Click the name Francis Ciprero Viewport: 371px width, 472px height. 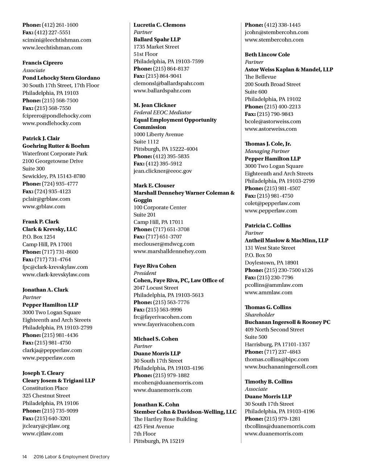(x=42, y=63)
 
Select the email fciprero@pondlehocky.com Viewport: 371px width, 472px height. (x=57, y=116)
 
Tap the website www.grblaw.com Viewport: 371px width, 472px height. (x=44, y=206)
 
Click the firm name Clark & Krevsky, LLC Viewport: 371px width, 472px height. (x=50, y=229)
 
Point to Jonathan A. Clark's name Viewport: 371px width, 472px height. (x=45, y=289)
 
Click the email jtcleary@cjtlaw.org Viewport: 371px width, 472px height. (x=46, y=426)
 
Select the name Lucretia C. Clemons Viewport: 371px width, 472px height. (x=159, y=25)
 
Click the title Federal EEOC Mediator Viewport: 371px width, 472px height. (x=162, y=112)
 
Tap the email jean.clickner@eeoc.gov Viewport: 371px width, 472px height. (x=163, y=171)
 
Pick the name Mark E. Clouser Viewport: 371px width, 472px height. (x=154, y=185)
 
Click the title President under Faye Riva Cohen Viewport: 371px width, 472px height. (x=145, y=273)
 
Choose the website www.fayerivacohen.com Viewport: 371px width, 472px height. (x=164, y=324)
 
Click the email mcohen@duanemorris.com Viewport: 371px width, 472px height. (x=168, y=383)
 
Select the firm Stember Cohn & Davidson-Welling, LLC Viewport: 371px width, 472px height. (x=185, y=412)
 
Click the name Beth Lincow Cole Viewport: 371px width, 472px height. (x=267, y=54)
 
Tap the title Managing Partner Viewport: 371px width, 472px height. (x=267, y=151)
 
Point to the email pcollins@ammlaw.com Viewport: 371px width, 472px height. (x=274, y=285)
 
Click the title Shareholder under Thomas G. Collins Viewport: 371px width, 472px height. (x=259, y=314)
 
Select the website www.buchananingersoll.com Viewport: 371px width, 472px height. (x=281, y=366)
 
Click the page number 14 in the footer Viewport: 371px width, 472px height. (x=25, y=457)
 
